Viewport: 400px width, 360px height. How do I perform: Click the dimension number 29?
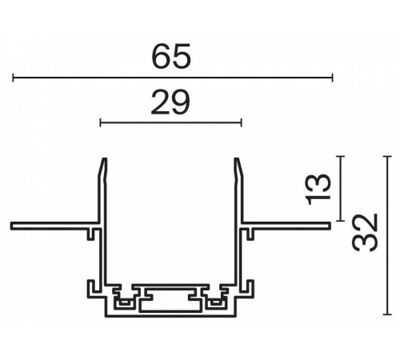point(170,102)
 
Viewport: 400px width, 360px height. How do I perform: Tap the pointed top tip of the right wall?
point(238,161)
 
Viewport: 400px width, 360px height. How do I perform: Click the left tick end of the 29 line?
point(100,122)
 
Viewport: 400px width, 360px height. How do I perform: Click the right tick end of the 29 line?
point(241,122)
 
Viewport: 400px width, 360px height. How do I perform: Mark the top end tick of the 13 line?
point(342,157)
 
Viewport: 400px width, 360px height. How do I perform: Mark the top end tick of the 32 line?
point(389,157)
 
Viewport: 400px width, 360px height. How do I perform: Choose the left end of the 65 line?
point(13,78)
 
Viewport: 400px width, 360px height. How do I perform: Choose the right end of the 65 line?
point(331,78)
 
